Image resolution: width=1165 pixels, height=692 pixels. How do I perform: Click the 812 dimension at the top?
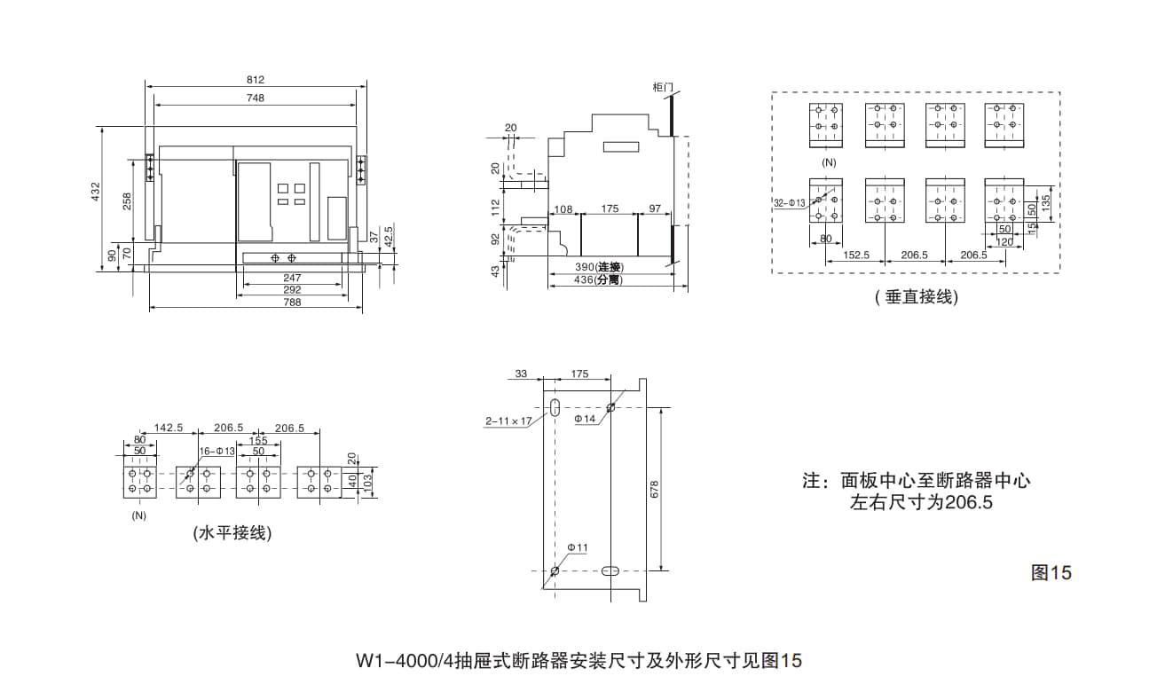pos(256,80)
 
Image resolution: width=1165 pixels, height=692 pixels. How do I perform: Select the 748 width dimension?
pos(256,98)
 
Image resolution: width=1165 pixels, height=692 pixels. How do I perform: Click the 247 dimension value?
pos(292,278)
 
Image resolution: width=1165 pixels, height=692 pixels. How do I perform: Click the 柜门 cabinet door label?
pos(663,87)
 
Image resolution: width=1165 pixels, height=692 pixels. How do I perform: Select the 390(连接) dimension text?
pos(600,267)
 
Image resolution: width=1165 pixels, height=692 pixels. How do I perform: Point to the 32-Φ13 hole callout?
pos(789,203)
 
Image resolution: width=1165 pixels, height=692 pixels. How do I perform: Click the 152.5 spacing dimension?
pos(855,255)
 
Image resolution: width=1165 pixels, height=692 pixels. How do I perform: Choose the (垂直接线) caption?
pos(917,298)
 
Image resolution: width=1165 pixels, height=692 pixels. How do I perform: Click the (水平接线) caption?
pos(232,533)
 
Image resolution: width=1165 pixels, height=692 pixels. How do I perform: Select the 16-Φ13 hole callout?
pos(216,452)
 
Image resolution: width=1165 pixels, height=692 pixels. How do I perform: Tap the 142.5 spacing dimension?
pos(168,428)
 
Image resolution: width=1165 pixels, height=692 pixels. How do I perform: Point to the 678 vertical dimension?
pos(655,490)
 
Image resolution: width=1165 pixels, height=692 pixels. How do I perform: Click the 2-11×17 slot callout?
pos(508,421)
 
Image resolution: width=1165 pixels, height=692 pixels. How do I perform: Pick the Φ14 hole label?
pos(585,419)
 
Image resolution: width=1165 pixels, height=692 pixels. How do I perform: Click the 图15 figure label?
pos(1051,572)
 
